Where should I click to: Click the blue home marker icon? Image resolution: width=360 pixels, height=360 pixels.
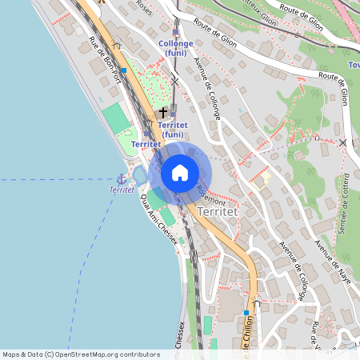pyautogui.click(x=180, y=172)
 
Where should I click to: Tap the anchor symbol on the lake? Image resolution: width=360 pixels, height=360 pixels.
pyautogui.click(x=122, y=179)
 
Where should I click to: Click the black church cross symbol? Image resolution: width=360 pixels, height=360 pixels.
pyautogui.click(x=163, y=113)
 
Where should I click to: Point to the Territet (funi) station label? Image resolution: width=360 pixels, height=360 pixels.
pyautogui.click(x=173, y=130)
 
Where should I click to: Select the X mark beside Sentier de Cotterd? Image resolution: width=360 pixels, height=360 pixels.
pyautogui.click(x=342, y=142)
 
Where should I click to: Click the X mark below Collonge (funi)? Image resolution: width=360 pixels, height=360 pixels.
pyautogui.click(x=174, y=81)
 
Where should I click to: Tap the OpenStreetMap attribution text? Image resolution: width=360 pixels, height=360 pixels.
pyautogui.click(x=81, y=354)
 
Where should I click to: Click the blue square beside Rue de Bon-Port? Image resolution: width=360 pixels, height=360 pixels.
pyautogui.click(x=123, y=70)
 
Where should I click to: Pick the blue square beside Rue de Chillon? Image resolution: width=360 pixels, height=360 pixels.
pyautogui.click(x=257, y=303)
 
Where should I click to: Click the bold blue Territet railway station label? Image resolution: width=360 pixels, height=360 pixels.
pyautogui.click(x=146, y=144)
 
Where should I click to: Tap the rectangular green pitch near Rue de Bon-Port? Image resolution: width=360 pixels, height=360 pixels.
pyautogui.click(x=116, y=118)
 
